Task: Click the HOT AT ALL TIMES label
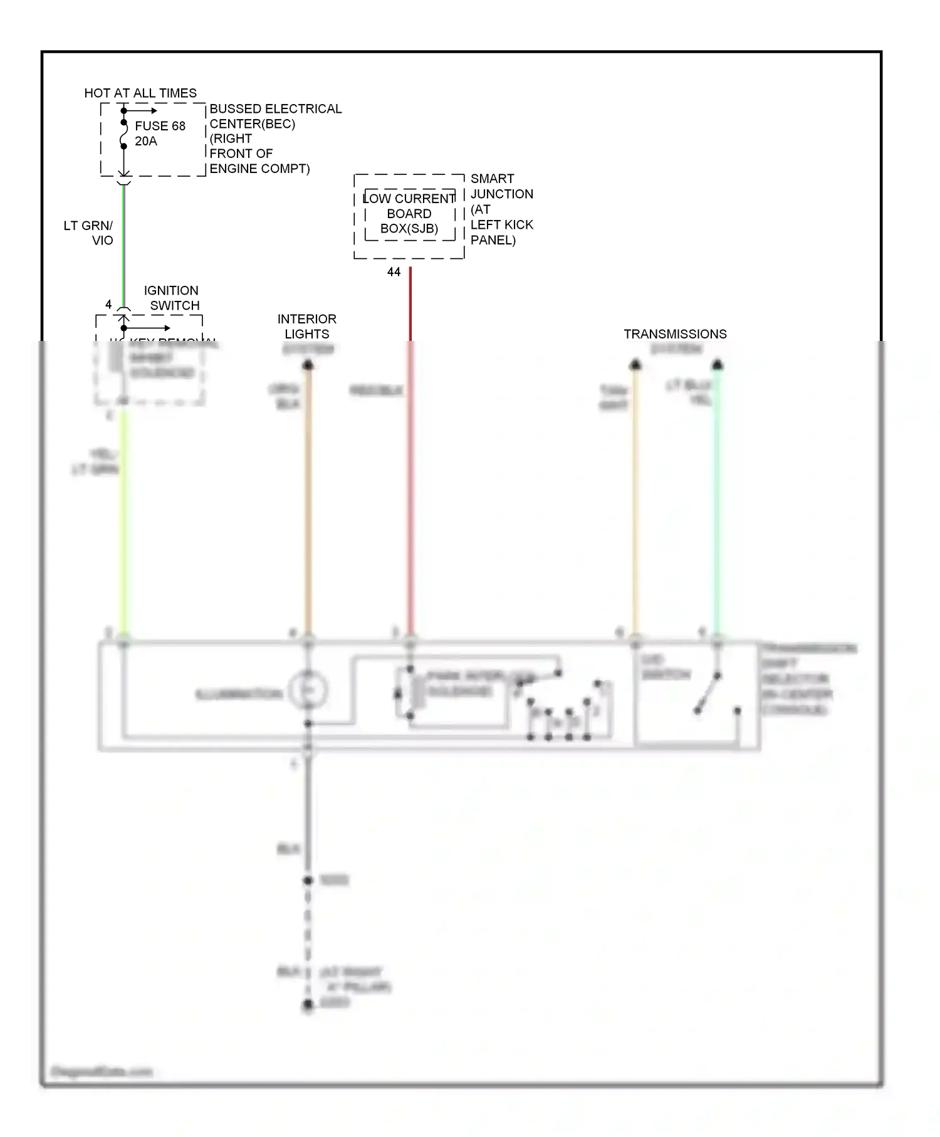[x=140, y=93]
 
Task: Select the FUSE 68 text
[x=160, y=126]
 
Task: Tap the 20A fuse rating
[x=146, y=141]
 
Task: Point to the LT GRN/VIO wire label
[x=88, y=233]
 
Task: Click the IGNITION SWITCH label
[x=172, y=298]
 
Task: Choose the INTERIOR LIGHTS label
[x=307, y=326]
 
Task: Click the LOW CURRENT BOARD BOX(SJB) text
[x=409, y=214]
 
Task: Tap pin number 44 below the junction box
[x=394, y=272]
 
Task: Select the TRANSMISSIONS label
[x=675, y=334]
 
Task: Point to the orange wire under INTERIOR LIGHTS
[x=308, y=501]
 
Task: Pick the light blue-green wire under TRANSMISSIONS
[x=718, y=501]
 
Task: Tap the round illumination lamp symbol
[x=308, y=690]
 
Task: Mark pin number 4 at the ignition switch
[x=108, y=305]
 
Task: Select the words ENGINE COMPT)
[x=259, y=169]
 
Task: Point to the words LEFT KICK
[x=501, y=224]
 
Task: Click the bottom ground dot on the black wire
[x=308, y=1005]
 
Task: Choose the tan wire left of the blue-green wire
[x=635, y=501]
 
